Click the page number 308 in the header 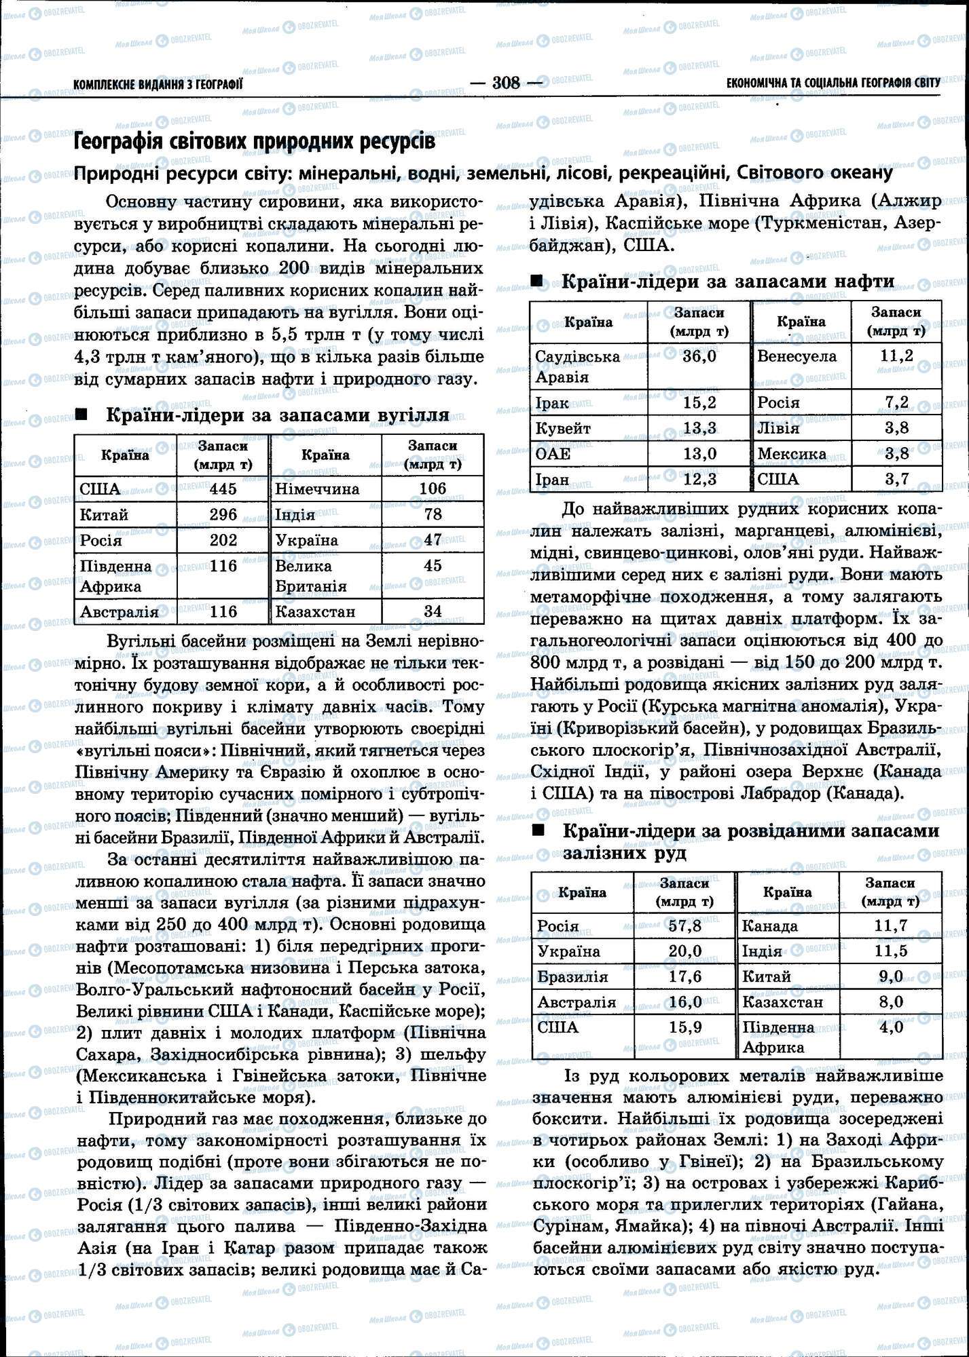(506, 83)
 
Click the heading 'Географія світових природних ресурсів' (253, 142)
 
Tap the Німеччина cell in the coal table (317, 489)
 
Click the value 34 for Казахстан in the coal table (433, 611)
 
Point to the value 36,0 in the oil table (699, 356)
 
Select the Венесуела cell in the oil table (797, 356)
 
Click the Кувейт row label (563, 429)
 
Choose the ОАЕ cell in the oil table (553, 454)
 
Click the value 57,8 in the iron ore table (684, 925)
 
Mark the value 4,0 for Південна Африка (890, 1027)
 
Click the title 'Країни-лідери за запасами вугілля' (277, 415)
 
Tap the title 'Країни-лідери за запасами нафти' (728, 282)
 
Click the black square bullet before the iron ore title (538, 830)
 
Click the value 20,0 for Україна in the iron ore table (684, 951)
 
